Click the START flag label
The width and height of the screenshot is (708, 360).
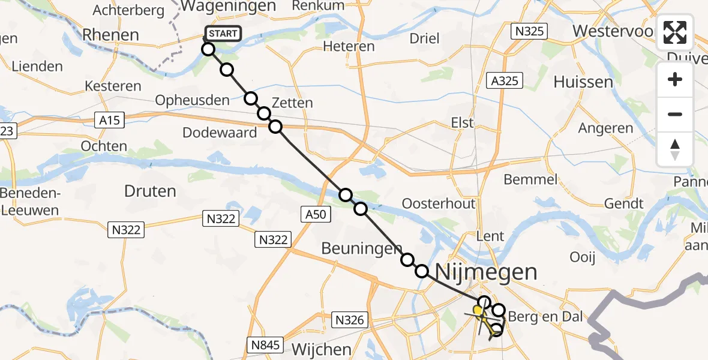click(223, 34)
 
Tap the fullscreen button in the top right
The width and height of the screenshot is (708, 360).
click(675, 32)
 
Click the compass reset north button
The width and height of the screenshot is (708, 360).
click(675, 149)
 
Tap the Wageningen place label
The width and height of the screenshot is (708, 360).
click(228, 7)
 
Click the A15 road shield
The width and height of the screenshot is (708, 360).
click(109, 121)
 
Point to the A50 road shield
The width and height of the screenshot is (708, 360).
click(314, 214)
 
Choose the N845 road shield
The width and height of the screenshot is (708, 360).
click(265, 344)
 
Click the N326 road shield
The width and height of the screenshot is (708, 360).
click(349, 320)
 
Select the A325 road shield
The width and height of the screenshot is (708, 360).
click(504, 80)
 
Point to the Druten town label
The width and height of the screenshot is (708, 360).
click(150, 191)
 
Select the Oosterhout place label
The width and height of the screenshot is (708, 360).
click(439, 203)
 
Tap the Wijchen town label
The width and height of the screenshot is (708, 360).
click(322, 349)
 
